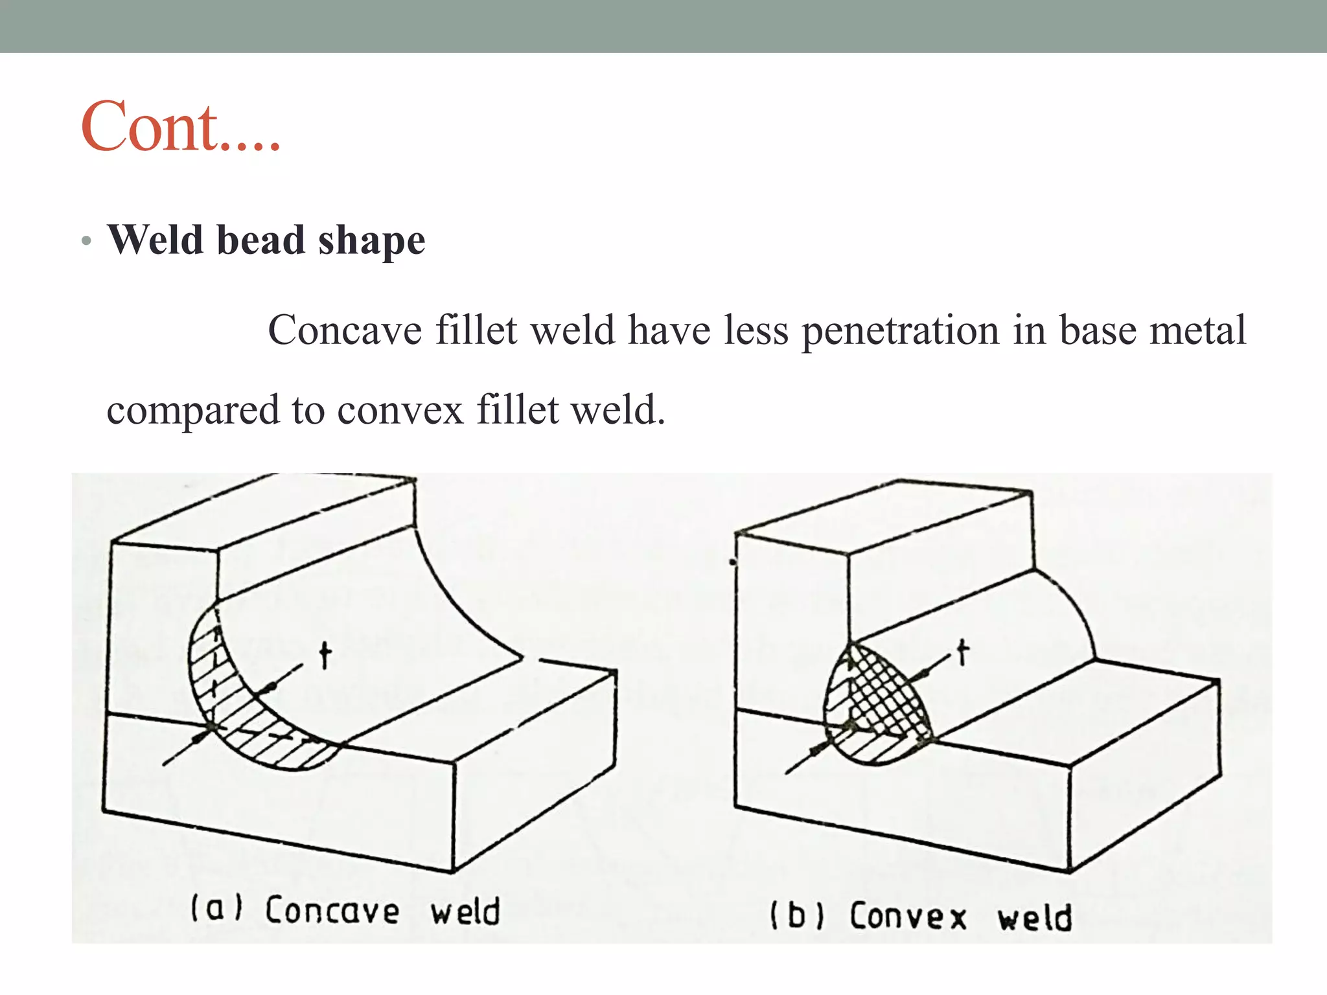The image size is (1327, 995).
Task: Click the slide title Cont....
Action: [x=180, y=127]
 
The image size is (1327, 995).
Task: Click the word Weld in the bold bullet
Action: [x=156, y=240]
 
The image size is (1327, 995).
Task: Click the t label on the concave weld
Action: [x=325, y=656]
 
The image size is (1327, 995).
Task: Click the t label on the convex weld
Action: [x=963, y=652]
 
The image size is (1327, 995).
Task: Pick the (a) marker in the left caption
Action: [x=216, y=908]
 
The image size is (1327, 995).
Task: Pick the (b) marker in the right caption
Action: [x=796, y=916]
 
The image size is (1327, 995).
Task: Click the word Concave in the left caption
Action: [x=332, y=910]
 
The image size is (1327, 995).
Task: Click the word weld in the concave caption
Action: [x=465, y=911]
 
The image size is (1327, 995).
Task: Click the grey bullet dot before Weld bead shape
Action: [x=86, y=242]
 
